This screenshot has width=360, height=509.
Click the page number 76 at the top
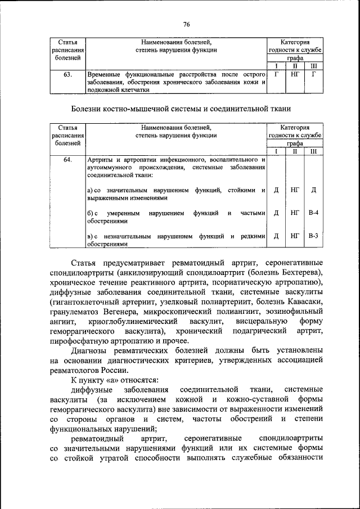[187, 24]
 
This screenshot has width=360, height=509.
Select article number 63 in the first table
[67, 74]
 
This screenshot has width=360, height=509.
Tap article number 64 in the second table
[67, 160]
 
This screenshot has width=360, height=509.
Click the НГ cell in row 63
[294, 74]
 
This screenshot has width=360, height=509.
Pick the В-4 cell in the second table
[313, 213]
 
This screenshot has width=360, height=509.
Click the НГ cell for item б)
[294, 213]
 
